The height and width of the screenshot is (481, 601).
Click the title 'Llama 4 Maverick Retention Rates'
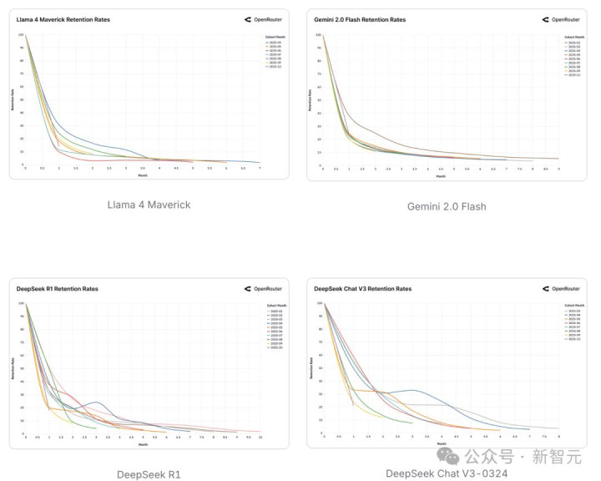pos(63,18)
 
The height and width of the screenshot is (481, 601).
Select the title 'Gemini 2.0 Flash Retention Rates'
pos(361,18)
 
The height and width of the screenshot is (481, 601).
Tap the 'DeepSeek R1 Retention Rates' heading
pos(57,289)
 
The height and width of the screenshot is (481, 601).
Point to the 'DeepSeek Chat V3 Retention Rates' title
pos(363,289)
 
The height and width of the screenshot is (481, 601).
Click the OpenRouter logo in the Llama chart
pos(265,18)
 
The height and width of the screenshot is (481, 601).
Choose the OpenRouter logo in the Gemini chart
pos(565,18)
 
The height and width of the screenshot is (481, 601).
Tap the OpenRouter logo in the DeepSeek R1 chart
pos(265,289)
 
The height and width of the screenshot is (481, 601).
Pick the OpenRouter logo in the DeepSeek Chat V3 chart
pos(565,289)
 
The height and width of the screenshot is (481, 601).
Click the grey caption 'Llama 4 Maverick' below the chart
pos(149,205)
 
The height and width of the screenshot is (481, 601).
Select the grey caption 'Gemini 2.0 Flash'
pos(447,206)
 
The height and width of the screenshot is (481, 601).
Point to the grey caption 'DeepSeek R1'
pos(149,474)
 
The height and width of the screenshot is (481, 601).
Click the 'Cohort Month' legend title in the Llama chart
pos(265,37)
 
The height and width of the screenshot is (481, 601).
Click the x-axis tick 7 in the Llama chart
pos(260,169)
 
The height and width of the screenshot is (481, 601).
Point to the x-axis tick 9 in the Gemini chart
pos(558,169)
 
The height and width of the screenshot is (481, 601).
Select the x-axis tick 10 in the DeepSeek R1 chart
pos(260,438)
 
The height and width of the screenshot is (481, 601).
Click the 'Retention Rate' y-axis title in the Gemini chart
pos(310,100)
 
